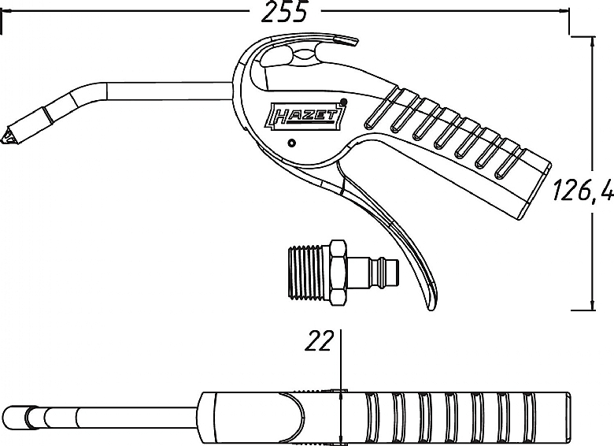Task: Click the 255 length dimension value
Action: coord(283,11)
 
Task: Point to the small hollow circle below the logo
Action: coord(291,143)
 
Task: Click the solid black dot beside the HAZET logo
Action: coord(344,102)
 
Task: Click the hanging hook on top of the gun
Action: coord(337,45)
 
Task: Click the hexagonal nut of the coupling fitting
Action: coord(337,273)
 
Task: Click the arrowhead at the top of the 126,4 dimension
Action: coord(592,40)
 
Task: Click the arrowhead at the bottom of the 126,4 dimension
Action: coord(592,306)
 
